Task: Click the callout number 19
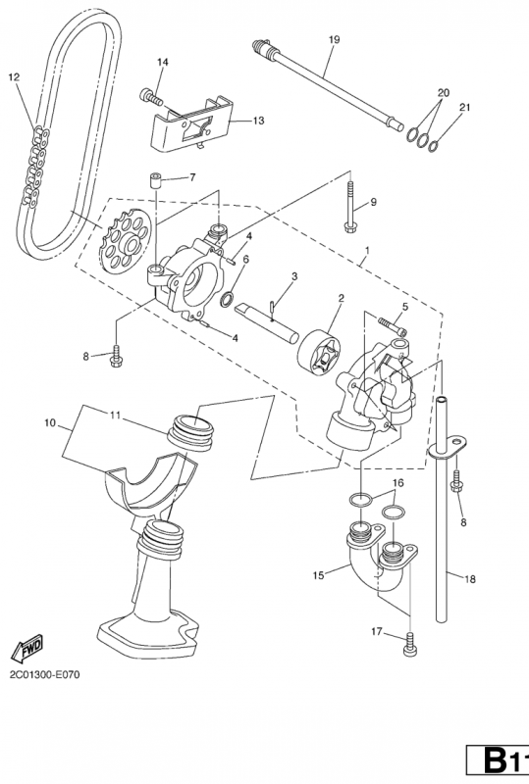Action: click(x=334, y=39)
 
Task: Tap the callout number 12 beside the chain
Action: click(x=14, y=77)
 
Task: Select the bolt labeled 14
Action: click(x=151, y=96)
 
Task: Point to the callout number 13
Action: click(x=258, y=121)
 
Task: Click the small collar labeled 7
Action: click(x=156, y=180)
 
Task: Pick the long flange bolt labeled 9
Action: click(x=350, y=209)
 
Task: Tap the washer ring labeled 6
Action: click(x=227, y=300)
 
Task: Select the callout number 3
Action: click(x=294, y=276)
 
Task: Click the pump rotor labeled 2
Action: click(x=319, y=351)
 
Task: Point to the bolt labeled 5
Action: click(x=393, y=325)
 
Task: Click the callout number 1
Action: click(x=367, y=250)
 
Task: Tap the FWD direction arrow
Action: click(x=27, y=648)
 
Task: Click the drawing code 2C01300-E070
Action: click(x=44, y=675)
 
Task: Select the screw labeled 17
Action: click(x=410, y=643)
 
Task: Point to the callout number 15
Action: click(x=319, y=575)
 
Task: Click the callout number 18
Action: click(x=470, y=579)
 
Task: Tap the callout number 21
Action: click(x=465, y=108)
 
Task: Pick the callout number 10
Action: click(x=50, y=423)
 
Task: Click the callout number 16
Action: click(x=397, y=483)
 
